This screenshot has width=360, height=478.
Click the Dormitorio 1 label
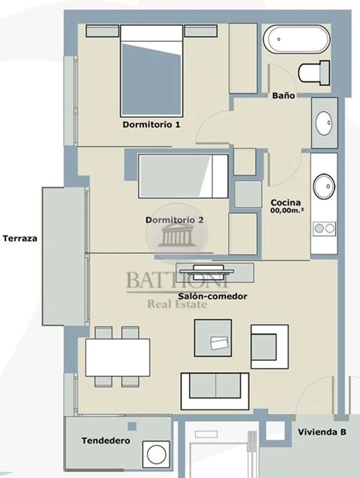(x=151, y=124)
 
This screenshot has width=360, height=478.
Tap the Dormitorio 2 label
(x=174, y=220)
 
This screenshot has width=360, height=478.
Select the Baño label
(x=283, y=95)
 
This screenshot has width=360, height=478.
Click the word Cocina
(x=286, y=202)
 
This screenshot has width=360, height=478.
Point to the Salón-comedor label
(x=213, y=296)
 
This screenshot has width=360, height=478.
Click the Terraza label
(x=20, y=238)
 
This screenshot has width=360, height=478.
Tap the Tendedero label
(x=106, y=440)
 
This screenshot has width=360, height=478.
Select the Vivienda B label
(x=322, y=432)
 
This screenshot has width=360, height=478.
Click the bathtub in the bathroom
(x=296, y=39)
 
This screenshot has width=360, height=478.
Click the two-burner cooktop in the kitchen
(x=324, y=228)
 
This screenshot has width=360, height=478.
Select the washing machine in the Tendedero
(x=156, y=455)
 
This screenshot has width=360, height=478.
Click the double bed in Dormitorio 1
(x=152, y=71)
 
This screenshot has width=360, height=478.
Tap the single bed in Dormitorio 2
(x=183, y=176)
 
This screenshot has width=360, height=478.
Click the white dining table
(x=117, y=357)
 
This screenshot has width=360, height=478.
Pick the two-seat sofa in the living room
(x=215, y=391)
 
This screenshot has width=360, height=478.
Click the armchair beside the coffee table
(x=270, y=346)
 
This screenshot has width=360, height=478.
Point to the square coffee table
(x=213, y=338)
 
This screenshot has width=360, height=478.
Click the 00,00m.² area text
(x=287, y=210)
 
